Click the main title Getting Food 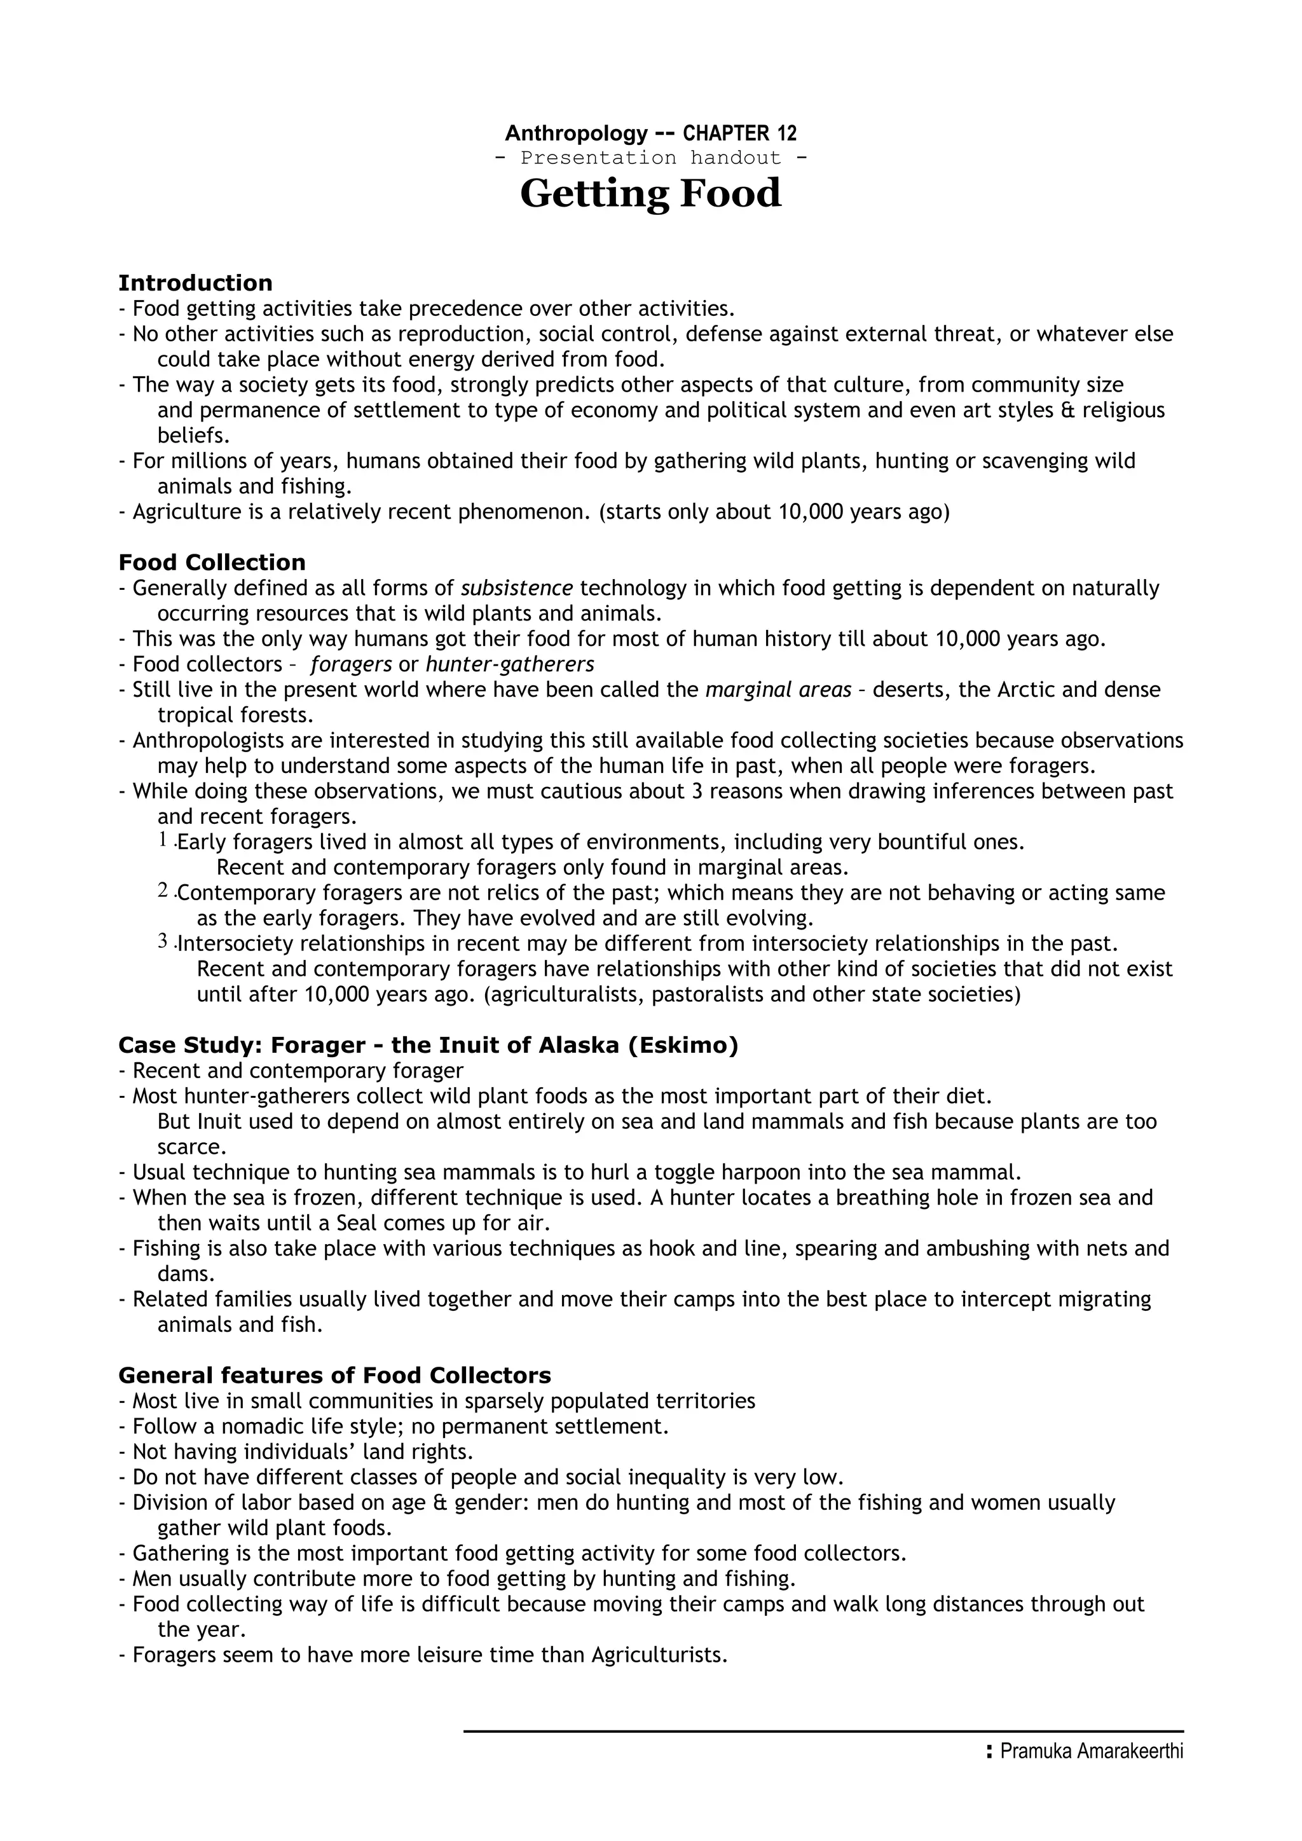650,194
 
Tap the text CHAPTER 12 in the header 739,133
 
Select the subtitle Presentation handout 650,158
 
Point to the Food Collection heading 212,562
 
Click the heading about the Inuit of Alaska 427,1046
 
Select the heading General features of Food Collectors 334,1376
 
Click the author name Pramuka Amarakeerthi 1091,1774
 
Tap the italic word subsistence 516,589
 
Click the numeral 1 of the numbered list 163,840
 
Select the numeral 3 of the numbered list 163,941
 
